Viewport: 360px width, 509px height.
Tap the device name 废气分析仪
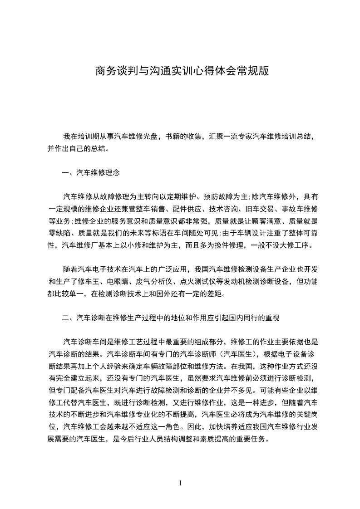point(155,281)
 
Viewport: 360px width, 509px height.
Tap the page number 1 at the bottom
point(180,483)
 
